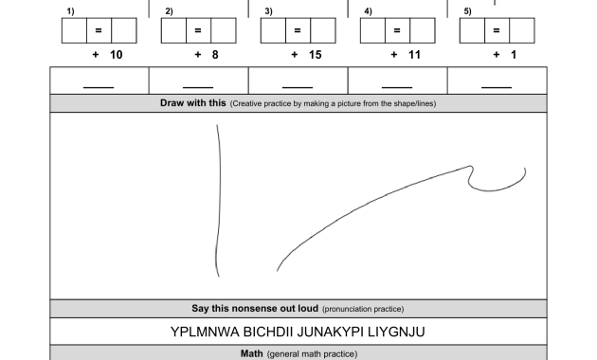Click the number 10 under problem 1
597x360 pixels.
[x=117, y=55]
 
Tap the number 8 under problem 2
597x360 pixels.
[x=215, y=55]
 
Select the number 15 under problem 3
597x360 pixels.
[x=316, y=55]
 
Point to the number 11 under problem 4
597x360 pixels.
[x=415, y=55]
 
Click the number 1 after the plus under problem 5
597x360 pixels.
[x=514, y=55]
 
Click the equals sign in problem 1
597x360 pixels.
[x=99, y=30]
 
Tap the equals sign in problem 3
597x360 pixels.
[x=298, y=30]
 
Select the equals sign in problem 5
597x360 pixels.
[x=497, y=30]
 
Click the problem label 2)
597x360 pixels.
[x=169, y=11]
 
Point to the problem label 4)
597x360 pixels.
[x=369, y=11]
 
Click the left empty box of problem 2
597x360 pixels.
[x=173, y=30]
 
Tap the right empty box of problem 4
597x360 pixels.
[x=423, y=30]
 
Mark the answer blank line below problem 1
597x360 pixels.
[x=99, y=87]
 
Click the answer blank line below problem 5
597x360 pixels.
[x=497, y=87]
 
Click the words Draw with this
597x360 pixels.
[x=193, y=103]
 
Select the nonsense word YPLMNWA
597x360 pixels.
[x=205, y=332]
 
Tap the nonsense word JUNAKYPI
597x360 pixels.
[x=330, y=332]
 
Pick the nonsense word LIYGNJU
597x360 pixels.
[x=396, y=332]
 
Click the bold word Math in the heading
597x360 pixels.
[x=252, y=354]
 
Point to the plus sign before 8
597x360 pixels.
[x=198, y=55]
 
